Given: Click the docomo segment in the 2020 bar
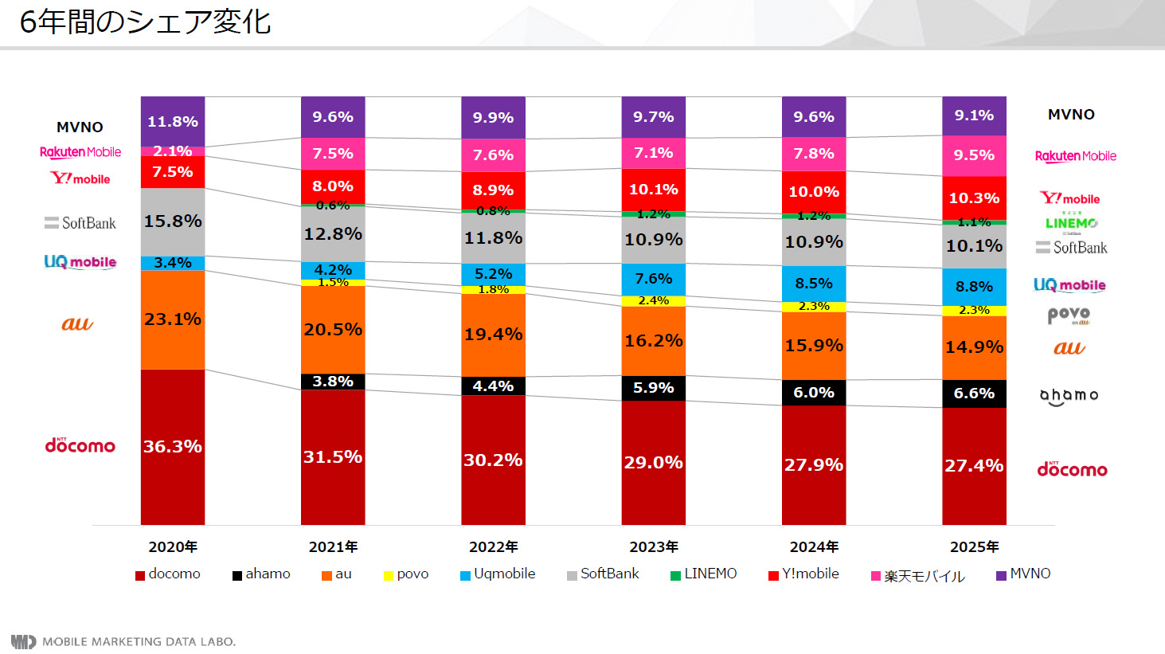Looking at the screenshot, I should (x=172, y=446).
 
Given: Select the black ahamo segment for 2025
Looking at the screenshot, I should (x=974, y=394).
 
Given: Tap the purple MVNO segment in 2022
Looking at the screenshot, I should (x=493, y=118).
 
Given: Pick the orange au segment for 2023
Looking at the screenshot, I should (x=653, y=341).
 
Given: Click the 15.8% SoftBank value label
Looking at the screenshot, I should (x=172, y=221).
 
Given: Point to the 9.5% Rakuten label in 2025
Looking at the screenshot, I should (x=974, y=155).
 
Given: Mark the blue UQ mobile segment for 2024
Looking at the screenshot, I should (x=813, y=284).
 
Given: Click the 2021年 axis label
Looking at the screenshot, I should (x=333, y=547).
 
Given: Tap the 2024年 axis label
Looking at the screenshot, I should (x=814, y=547).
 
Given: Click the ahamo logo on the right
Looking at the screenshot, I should (x=1069, y=396).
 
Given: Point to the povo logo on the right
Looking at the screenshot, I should (x=1069, y=315).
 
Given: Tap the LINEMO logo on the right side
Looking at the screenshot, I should (x=1071, y=223).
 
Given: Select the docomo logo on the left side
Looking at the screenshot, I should (x=80, y=445).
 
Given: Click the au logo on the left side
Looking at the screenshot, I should (x=77, y=323).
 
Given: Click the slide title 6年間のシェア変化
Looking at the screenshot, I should (x=145, y=22).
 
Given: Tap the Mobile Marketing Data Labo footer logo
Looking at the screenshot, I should (x=123, y=641).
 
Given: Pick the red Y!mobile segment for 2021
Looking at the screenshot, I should (x=333, y=186).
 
